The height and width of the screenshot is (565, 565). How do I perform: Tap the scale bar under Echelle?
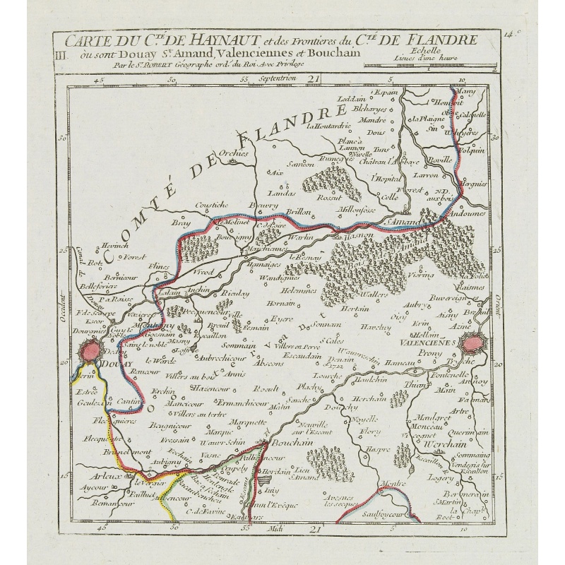[x=431, y=66]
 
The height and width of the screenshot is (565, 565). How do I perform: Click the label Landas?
[x=280, y=192]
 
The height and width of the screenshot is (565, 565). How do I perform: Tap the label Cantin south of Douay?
[x=127, y=401]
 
